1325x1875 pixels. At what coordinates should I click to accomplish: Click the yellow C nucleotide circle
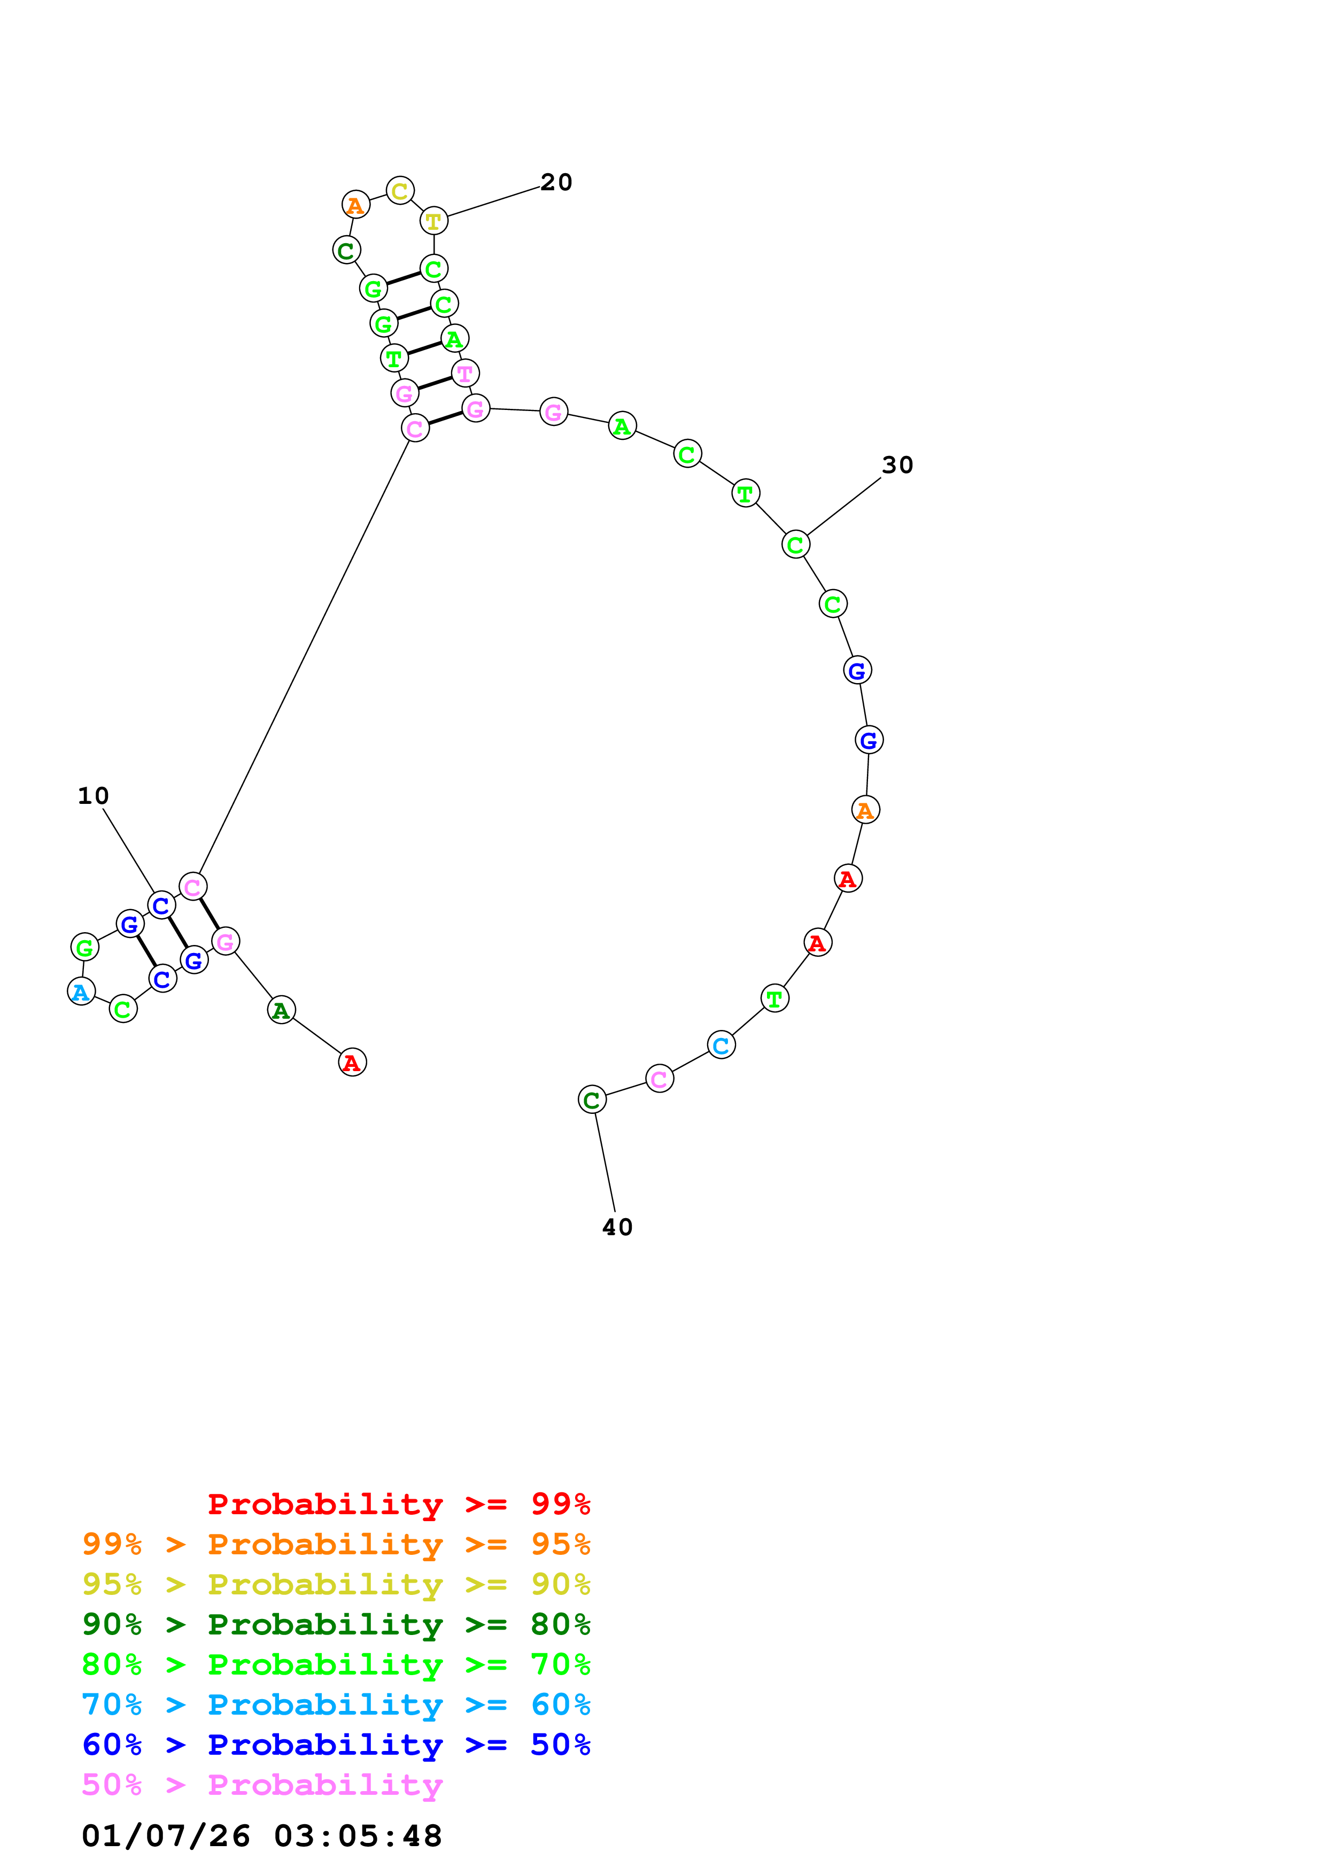[x=399, y=191]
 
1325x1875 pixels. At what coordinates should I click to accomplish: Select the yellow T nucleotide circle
[x=433, y=221]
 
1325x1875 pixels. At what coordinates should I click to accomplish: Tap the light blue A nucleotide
[x=81, y=991]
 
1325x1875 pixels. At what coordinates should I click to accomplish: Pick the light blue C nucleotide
[x=721, y=1045]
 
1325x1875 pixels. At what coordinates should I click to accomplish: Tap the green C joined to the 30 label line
[x=795, y=544]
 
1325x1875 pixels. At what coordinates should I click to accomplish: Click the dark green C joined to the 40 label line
[x=592, y=1100]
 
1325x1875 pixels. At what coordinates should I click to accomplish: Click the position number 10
[x=93, y=795]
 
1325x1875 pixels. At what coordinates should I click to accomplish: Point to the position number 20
[x=556, y=182]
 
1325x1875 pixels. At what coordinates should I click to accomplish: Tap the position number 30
[x=897, y=464]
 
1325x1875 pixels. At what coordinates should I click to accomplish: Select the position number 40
[x=617, y=1227]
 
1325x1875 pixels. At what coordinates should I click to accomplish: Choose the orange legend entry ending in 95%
[x=336, y=1544]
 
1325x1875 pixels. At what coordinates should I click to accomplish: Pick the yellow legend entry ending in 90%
[x=336, y=1584]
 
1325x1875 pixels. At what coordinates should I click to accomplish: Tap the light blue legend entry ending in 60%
[x=336, y=1704]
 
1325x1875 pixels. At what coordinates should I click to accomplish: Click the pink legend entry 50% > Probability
[x=262, y=1784]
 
